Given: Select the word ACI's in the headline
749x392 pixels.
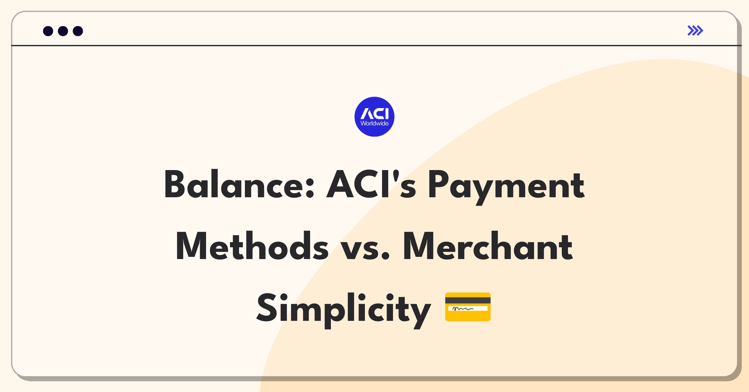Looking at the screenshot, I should [x=371, y=185].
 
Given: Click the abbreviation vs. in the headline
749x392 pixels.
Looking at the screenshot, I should [x=365, y=248].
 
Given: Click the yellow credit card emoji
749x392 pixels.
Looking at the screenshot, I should [x=468, y=307].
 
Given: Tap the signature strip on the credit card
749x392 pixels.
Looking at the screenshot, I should [x=468, y=309].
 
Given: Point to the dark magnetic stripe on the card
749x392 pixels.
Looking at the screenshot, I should [x=468, y=300].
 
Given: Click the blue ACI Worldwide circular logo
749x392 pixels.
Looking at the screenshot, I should [x=374, y=117].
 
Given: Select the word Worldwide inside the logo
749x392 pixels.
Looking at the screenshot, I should [x=374, y=124].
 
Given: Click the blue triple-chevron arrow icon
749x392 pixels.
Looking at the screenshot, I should [x=695, y=31].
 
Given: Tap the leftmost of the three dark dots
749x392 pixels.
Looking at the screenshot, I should [x=48, y=31].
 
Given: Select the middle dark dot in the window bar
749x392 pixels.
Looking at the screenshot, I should [x=63, y=31].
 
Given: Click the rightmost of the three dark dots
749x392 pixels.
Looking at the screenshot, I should [x=78, y=31].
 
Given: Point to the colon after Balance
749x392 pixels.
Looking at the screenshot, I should [x=310, y=189].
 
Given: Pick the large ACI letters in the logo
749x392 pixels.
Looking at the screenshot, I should [x=375, y=114].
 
